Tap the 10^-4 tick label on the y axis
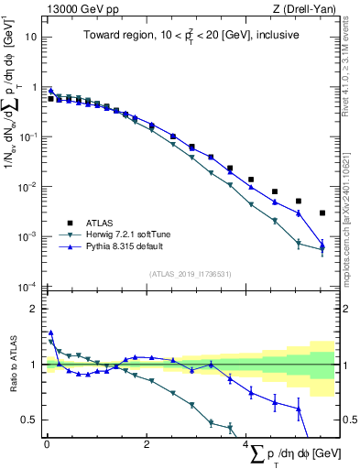tap(28, 287)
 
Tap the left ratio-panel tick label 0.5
tap(29, 420)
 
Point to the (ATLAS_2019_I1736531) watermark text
tap(190, 274)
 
